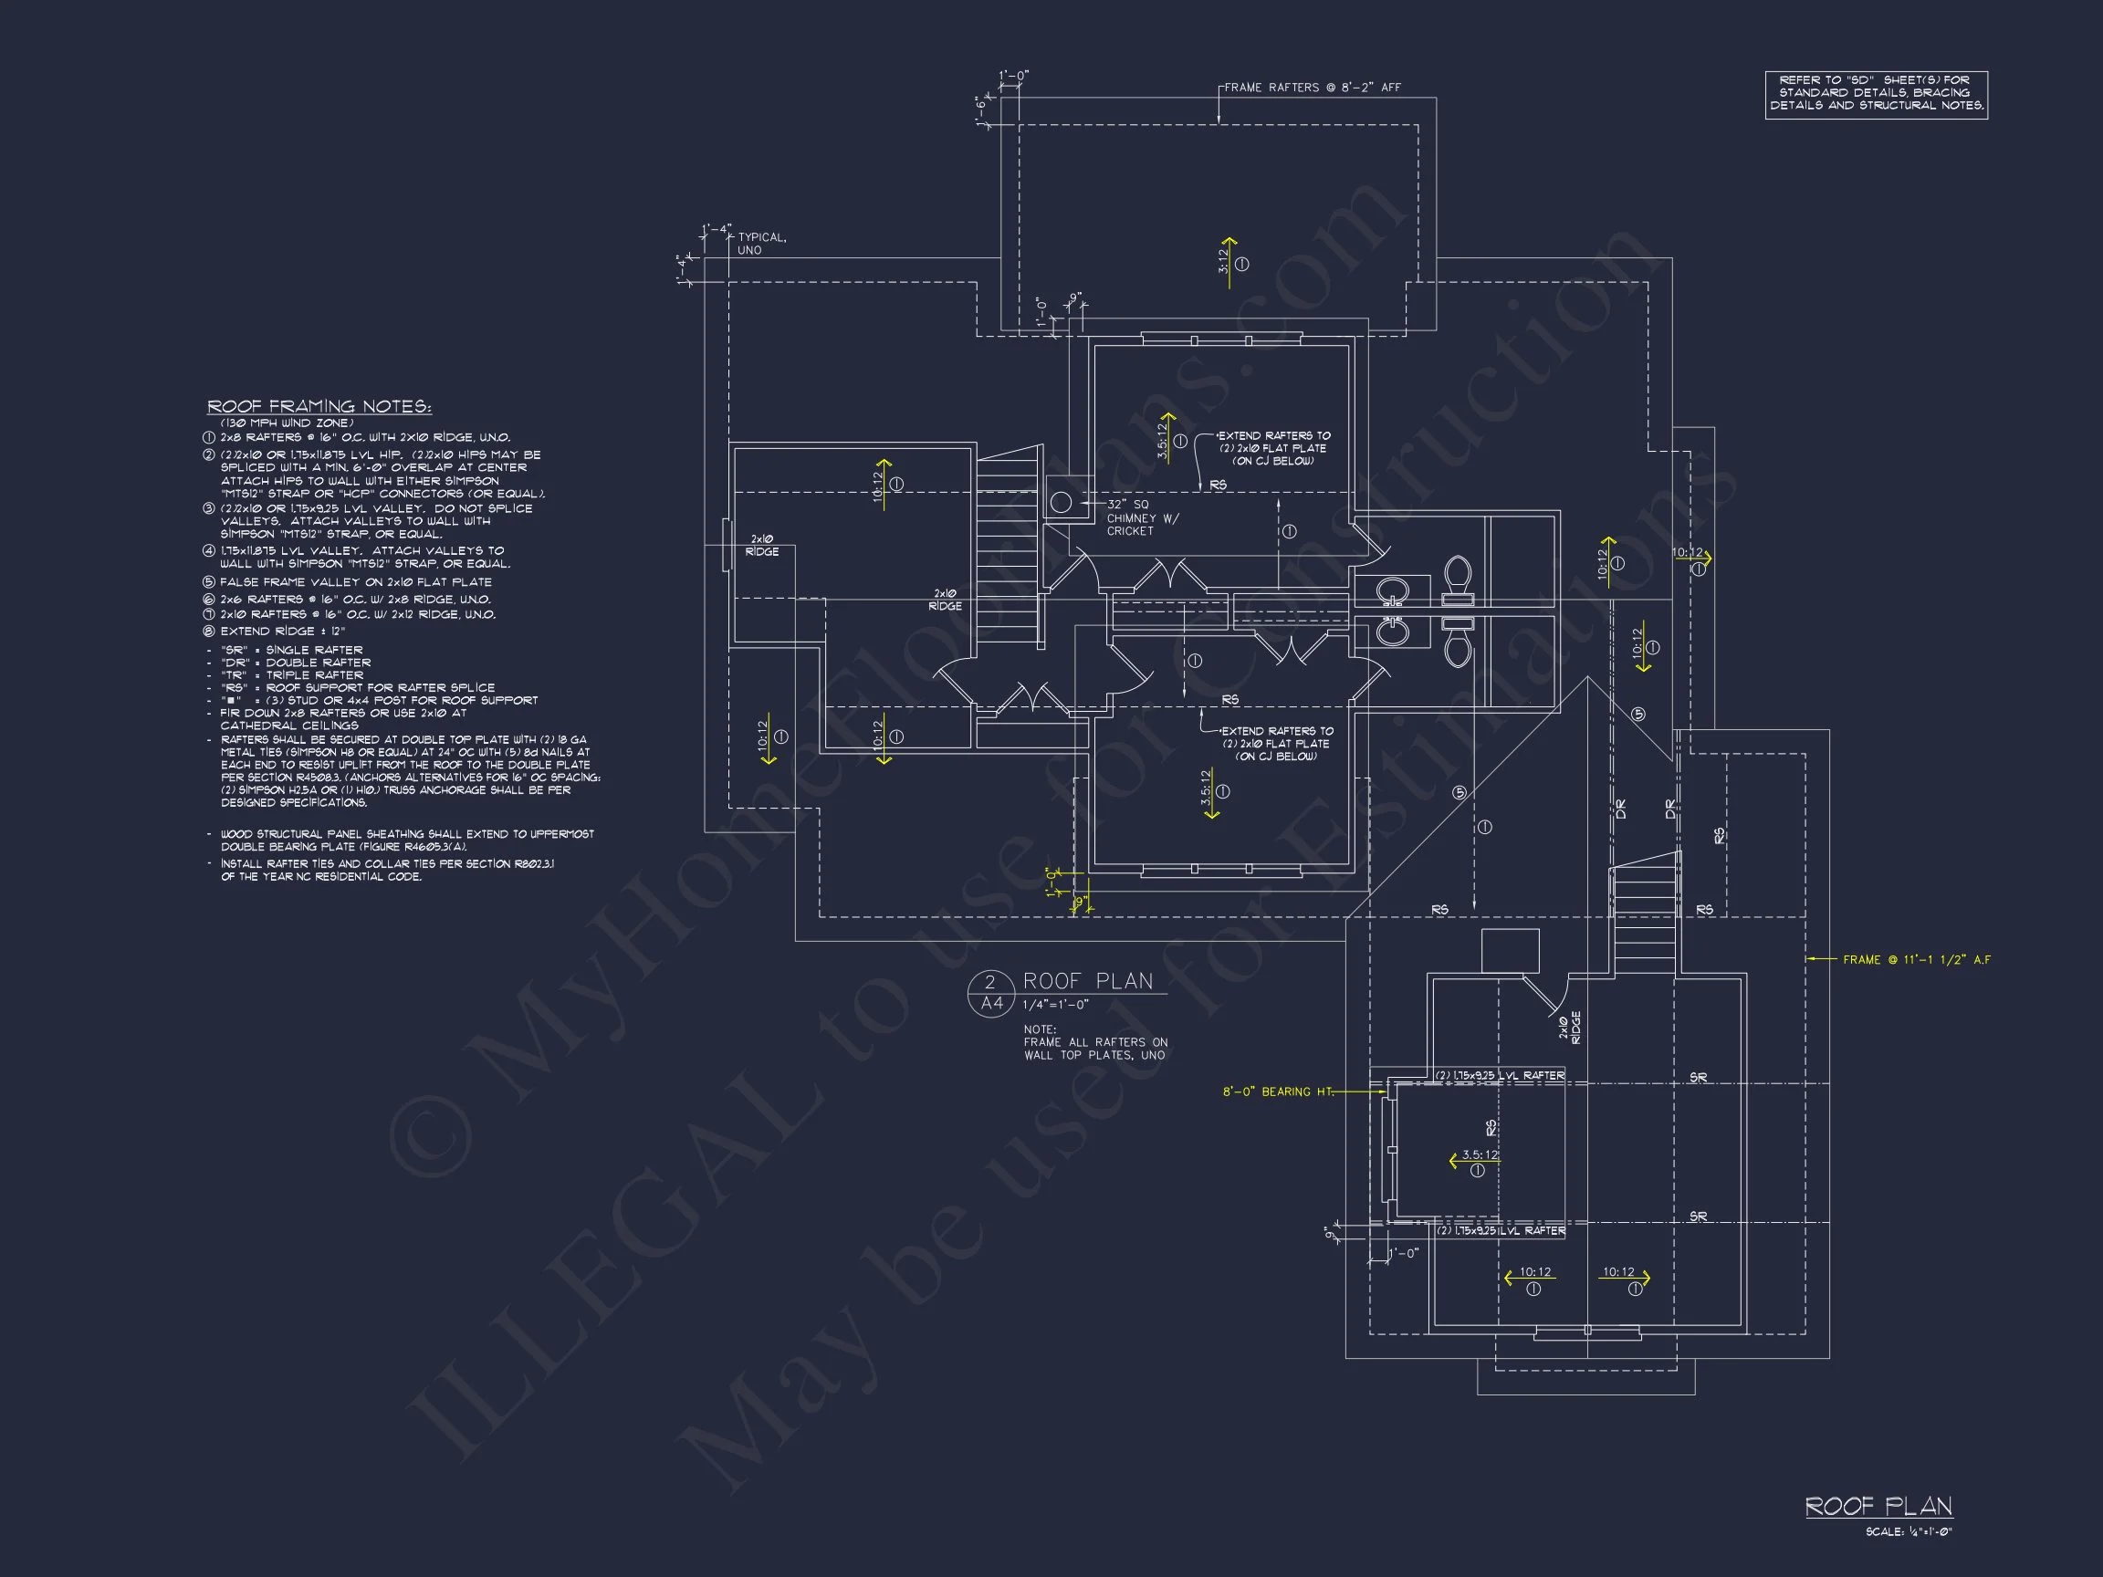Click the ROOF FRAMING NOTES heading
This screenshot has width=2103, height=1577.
click(x=319, y=407)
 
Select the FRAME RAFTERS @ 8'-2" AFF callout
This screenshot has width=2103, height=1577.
click(x=1312, y=88)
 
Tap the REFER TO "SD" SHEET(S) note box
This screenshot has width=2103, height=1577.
click(x=1876, y=93)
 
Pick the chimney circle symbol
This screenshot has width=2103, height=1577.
click(x=1061, y=502)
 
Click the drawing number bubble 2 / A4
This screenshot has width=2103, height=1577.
click(x=989, y=992)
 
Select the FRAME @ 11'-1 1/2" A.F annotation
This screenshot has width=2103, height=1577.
click(x=1916, y=960)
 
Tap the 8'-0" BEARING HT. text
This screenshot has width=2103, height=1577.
click(x=1277, y=1092)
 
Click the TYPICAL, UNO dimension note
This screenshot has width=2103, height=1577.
click(x=760, y=244)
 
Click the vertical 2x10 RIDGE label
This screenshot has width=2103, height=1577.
click(x=1570, y=1028)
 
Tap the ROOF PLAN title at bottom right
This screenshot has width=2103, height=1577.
click(x=1878, y=1507)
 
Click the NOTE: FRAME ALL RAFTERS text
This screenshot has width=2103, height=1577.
click(x=1094, y=1043)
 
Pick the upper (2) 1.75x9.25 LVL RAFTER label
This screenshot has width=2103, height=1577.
click(x=1500, y=1076)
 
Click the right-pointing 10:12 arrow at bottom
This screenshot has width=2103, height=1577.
click(x=1625, y=1277)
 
